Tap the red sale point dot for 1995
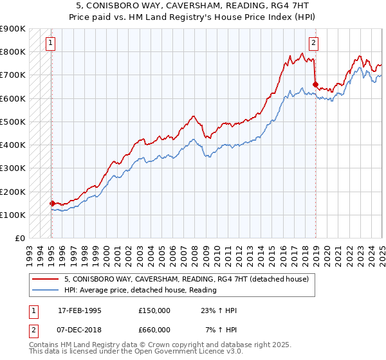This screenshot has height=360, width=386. tap(52, 203)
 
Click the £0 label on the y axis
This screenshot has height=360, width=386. tap(19, 239)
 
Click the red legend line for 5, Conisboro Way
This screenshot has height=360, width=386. tap(46, 280)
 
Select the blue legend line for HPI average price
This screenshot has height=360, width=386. tap(46, 290)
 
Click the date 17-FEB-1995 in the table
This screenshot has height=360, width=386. tap(80, 310)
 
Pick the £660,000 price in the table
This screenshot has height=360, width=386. tap(154, 329)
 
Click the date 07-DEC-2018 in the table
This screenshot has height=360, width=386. tap(80, 329)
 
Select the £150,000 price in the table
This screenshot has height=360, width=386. tap(154, 310)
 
